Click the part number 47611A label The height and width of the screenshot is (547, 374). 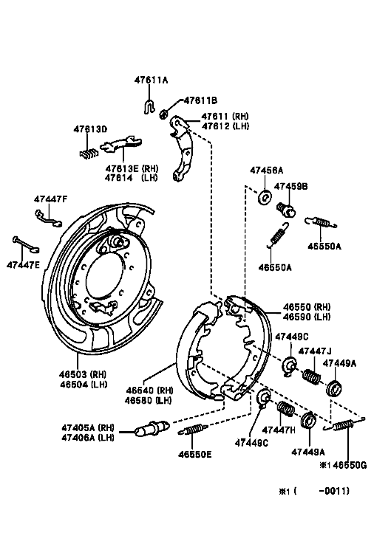151,80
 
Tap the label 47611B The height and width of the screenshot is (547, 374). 200,100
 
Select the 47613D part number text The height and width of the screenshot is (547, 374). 90,129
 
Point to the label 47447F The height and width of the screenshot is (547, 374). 51,199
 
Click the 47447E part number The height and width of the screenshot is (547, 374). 24,265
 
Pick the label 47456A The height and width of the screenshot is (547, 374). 266,171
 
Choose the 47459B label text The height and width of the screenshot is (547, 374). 290,186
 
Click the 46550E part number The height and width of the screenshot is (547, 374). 195,454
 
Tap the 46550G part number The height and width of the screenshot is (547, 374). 350,464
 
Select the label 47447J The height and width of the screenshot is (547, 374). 315,351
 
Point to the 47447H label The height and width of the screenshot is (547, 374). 279,430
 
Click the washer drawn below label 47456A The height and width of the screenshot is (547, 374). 265,197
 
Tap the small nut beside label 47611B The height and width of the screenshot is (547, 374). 163,114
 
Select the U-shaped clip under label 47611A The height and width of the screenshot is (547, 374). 149,106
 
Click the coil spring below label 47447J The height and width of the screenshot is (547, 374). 311,376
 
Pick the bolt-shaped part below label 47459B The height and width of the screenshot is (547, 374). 286,210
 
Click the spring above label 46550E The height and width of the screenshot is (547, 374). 193,429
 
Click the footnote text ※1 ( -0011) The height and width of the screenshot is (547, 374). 313,491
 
